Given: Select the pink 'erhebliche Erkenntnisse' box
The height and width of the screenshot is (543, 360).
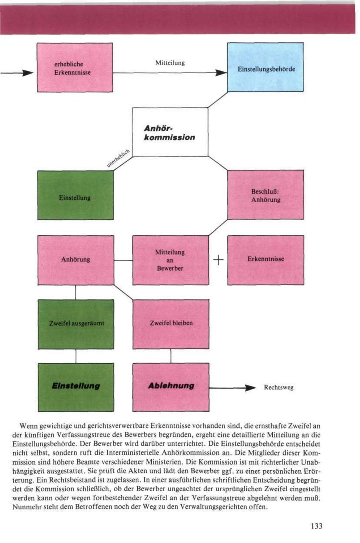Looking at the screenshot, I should [75, 68].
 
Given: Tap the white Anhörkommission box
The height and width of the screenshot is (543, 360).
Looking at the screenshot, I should [170, 132].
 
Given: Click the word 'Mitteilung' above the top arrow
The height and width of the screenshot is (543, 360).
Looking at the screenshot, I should [170, 63].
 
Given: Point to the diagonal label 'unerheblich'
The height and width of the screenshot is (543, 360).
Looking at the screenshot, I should [119, 158].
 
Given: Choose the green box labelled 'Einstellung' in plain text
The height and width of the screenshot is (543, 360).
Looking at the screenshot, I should [75, 195].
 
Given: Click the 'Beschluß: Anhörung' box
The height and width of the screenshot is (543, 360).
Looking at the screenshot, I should [266, 195].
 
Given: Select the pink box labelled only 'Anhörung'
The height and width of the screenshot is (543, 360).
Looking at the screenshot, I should [76, 260].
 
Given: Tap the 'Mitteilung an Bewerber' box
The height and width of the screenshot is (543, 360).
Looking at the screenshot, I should [170, 260].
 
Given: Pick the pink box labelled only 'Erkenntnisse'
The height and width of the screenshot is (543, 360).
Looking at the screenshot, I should [266, 260].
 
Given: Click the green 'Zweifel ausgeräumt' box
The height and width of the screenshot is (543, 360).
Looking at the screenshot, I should [76, 324].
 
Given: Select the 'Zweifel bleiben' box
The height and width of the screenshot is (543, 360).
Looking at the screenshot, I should [171, 324].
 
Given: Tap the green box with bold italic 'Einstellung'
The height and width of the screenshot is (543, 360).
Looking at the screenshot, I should [76, 387].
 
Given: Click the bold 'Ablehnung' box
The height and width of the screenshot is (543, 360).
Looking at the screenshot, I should [171, 387].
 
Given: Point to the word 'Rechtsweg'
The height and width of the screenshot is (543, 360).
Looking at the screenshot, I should [279, 387].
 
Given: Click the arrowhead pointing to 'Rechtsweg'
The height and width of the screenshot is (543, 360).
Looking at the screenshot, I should [250, 388].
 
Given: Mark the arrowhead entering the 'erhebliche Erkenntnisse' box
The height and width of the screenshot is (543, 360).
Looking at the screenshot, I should [27, 73].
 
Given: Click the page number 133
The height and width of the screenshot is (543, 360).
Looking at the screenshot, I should [316, 526].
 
